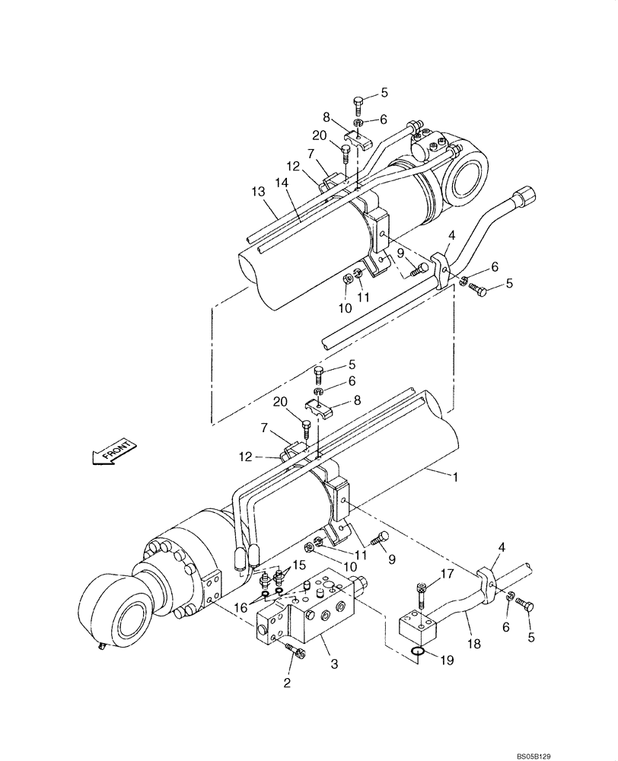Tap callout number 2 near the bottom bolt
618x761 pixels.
click(288, 683)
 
